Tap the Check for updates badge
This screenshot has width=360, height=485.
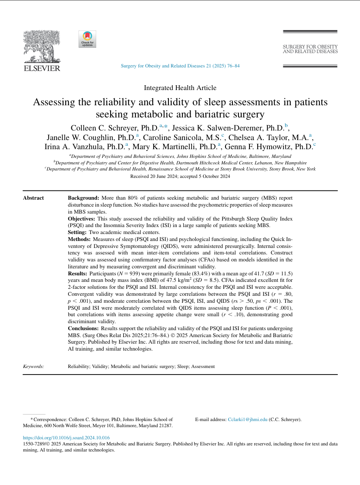87,39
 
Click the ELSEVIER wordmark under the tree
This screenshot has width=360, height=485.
41,68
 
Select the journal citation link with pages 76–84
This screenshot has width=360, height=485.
179,66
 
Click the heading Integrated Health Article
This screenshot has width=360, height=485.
180,87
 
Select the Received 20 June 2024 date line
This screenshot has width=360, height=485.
180,176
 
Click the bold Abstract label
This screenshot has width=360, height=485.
34,198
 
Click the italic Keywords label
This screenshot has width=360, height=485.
34,367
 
